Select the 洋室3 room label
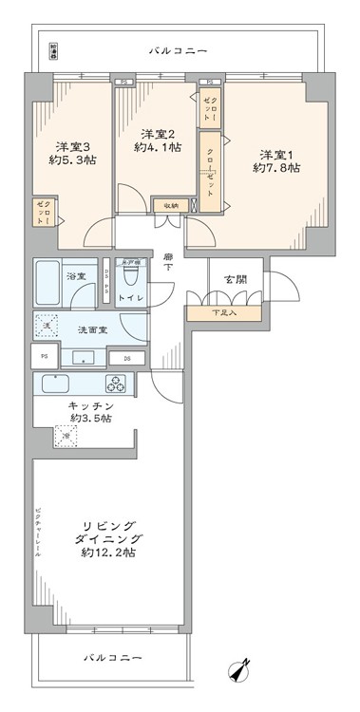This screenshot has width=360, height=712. click(x=71, y=146)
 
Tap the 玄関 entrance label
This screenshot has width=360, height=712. click(x=237, y=279)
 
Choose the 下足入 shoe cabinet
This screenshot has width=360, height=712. click(x=225, y=312)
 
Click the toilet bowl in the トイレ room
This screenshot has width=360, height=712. click(x=132, y=278)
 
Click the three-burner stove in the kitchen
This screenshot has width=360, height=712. click(x=117, y=384)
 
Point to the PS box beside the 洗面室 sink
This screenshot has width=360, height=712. click(x=44, y=356)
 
